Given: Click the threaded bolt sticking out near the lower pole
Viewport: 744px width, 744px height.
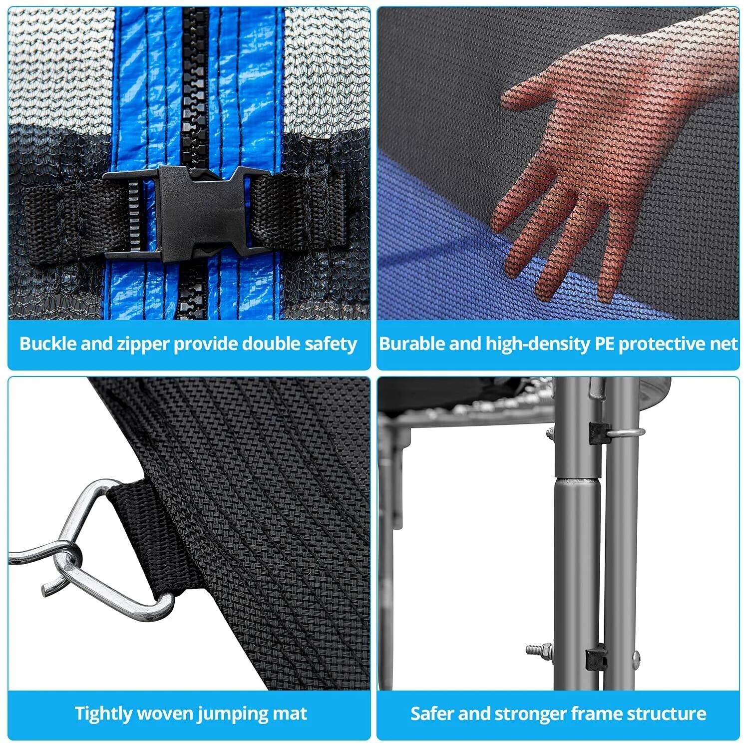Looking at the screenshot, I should point(539,649).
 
